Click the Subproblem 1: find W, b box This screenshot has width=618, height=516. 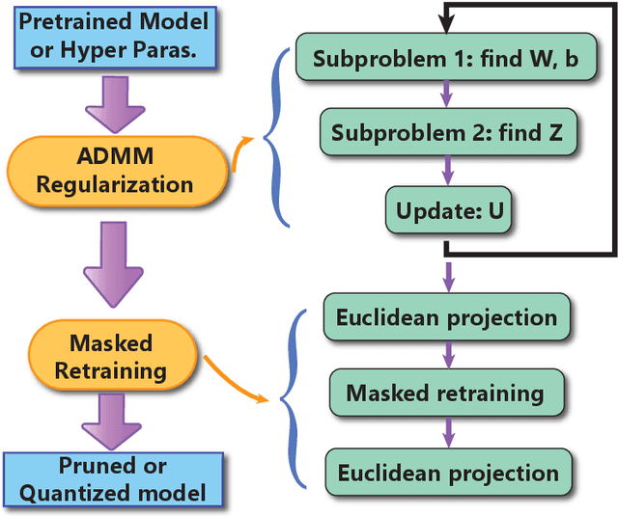click(445, 58)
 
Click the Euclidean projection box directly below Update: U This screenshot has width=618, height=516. click(445, 317)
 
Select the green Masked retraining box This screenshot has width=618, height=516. click(445, 394)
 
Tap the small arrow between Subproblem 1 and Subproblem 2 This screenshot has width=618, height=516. click(445, 96)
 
